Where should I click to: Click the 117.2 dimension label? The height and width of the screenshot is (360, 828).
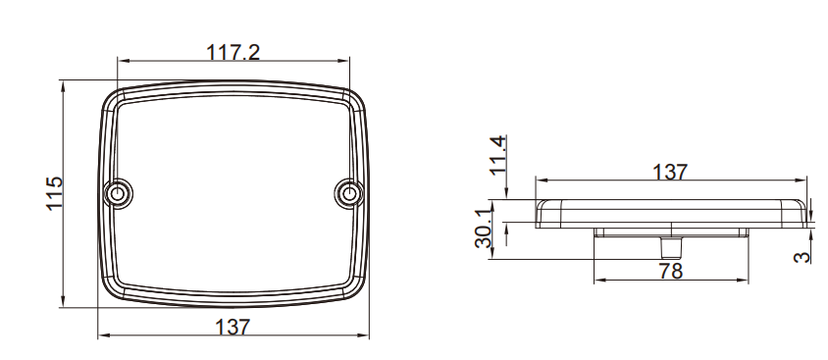233,52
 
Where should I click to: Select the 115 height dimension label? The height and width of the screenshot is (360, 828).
54,193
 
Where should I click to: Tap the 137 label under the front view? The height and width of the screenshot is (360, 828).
233,328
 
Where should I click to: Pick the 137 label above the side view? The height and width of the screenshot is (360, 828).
670,172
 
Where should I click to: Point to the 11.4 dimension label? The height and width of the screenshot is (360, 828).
498,155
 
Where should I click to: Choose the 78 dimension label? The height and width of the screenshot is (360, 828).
671,271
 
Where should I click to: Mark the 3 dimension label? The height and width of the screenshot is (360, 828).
802,257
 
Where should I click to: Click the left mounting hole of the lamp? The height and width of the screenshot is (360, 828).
117,193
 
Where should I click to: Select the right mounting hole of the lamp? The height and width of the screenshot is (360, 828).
348,193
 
